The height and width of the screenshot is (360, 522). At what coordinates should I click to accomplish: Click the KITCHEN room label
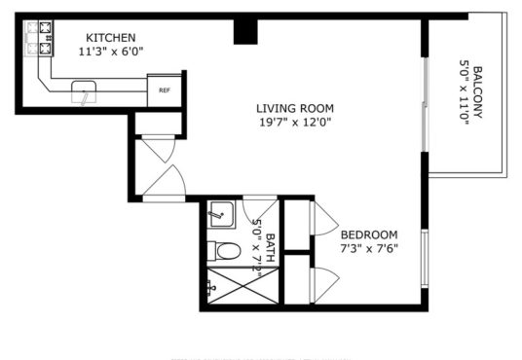coord(111,38)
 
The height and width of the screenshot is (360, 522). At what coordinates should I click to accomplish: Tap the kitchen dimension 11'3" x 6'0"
coord(111,52)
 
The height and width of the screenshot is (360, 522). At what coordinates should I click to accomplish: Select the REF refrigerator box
coord(165,90)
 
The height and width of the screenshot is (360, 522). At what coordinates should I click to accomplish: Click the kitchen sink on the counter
coord(84,91)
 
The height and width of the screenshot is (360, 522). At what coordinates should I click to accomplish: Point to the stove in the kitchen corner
coord(39,38)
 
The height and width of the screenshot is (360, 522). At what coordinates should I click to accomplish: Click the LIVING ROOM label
coord(295,108)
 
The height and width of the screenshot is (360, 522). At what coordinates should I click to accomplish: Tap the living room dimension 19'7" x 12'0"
coord(295,122)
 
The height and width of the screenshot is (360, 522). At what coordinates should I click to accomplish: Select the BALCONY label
coord(478,92)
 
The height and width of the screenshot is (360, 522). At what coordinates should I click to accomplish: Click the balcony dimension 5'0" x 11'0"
coord(465,92)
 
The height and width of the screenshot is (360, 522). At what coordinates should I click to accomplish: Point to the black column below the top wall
coord(245,32)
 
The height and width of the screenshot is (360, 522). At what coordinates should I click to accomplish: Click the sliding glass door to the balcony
coord(425,105)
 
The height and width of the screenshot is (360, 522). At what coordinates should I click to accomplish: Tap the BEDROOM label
coord(369,234)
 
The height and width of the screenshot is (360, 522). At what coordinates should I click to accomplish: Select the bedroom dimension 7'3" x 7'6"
coord(369,248)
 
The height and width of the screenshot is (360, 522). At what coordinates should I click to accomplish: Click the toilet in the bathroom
coord(224,251)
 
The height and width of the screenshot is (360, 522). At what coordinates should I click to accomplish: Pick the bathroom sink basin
coord(221,215)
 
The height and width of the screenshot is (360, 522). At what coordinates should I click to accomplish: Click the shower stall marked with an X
coord(242,286)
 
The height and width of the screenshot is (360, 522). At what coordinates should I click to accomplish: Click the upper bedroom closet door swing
coord(324,218)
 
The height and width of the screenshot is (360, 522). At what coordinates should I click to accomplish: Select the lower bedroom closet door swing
coord(324,285)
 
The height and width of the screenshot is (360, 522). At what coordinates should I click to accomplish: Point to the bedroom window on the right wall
coord(425,258)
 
